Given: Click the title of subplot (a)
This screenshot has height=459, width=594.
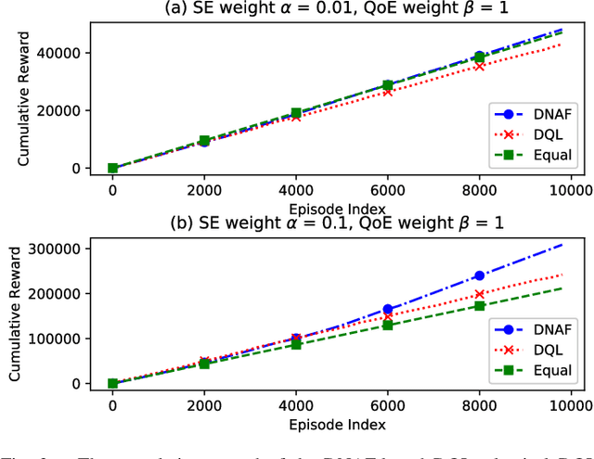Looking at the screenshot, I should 329,10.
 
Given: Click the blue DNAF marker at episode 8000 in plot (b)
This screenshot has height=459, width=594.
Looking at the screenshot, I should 479,275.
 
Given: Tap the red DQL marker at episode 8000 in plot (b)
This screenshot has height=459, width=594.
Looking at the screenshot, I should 479,294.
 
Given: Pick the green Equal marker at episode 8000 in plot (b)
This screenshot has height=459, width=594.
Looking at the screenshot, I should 479,306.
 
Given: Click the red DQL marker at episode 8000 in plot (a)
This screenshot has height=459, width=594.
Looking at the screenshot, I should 479,66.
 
